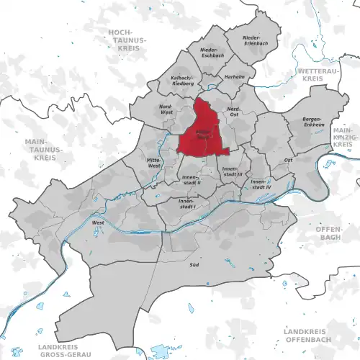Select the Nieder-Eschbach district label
pyautogui.click(x=207, y=53)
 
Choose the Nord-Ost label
pyautogui.click(x=233, y=111)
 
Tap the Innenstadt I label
pyautogui.click(x=188, y=204)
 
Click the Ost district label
pyautogui.click(x=288, y=160)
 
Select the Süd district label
pyautogui.click(x=194, y=264)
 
